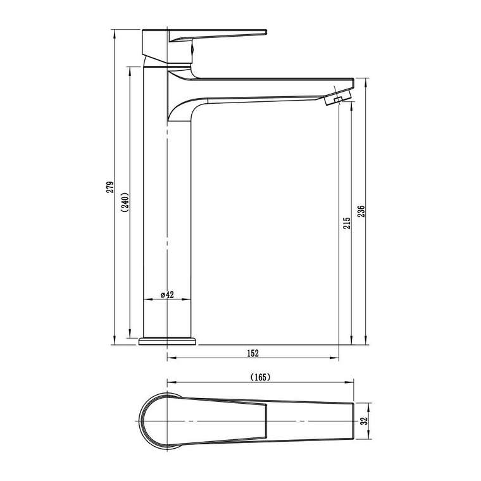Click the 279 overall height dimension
coord(110,187)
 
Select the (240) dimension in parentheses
coord(125,203)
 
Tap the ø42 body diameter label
coord(167,295)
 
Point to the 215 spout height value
coord(347,223)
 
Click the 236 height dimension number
coord(361,211)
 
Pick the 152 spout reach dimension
coord(253,353)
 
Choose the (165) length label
coord(261,377)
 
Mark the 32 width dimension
coord(364,421)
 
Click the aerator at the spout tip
coord(337,97)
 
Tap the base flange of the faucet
coord(167,341)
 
